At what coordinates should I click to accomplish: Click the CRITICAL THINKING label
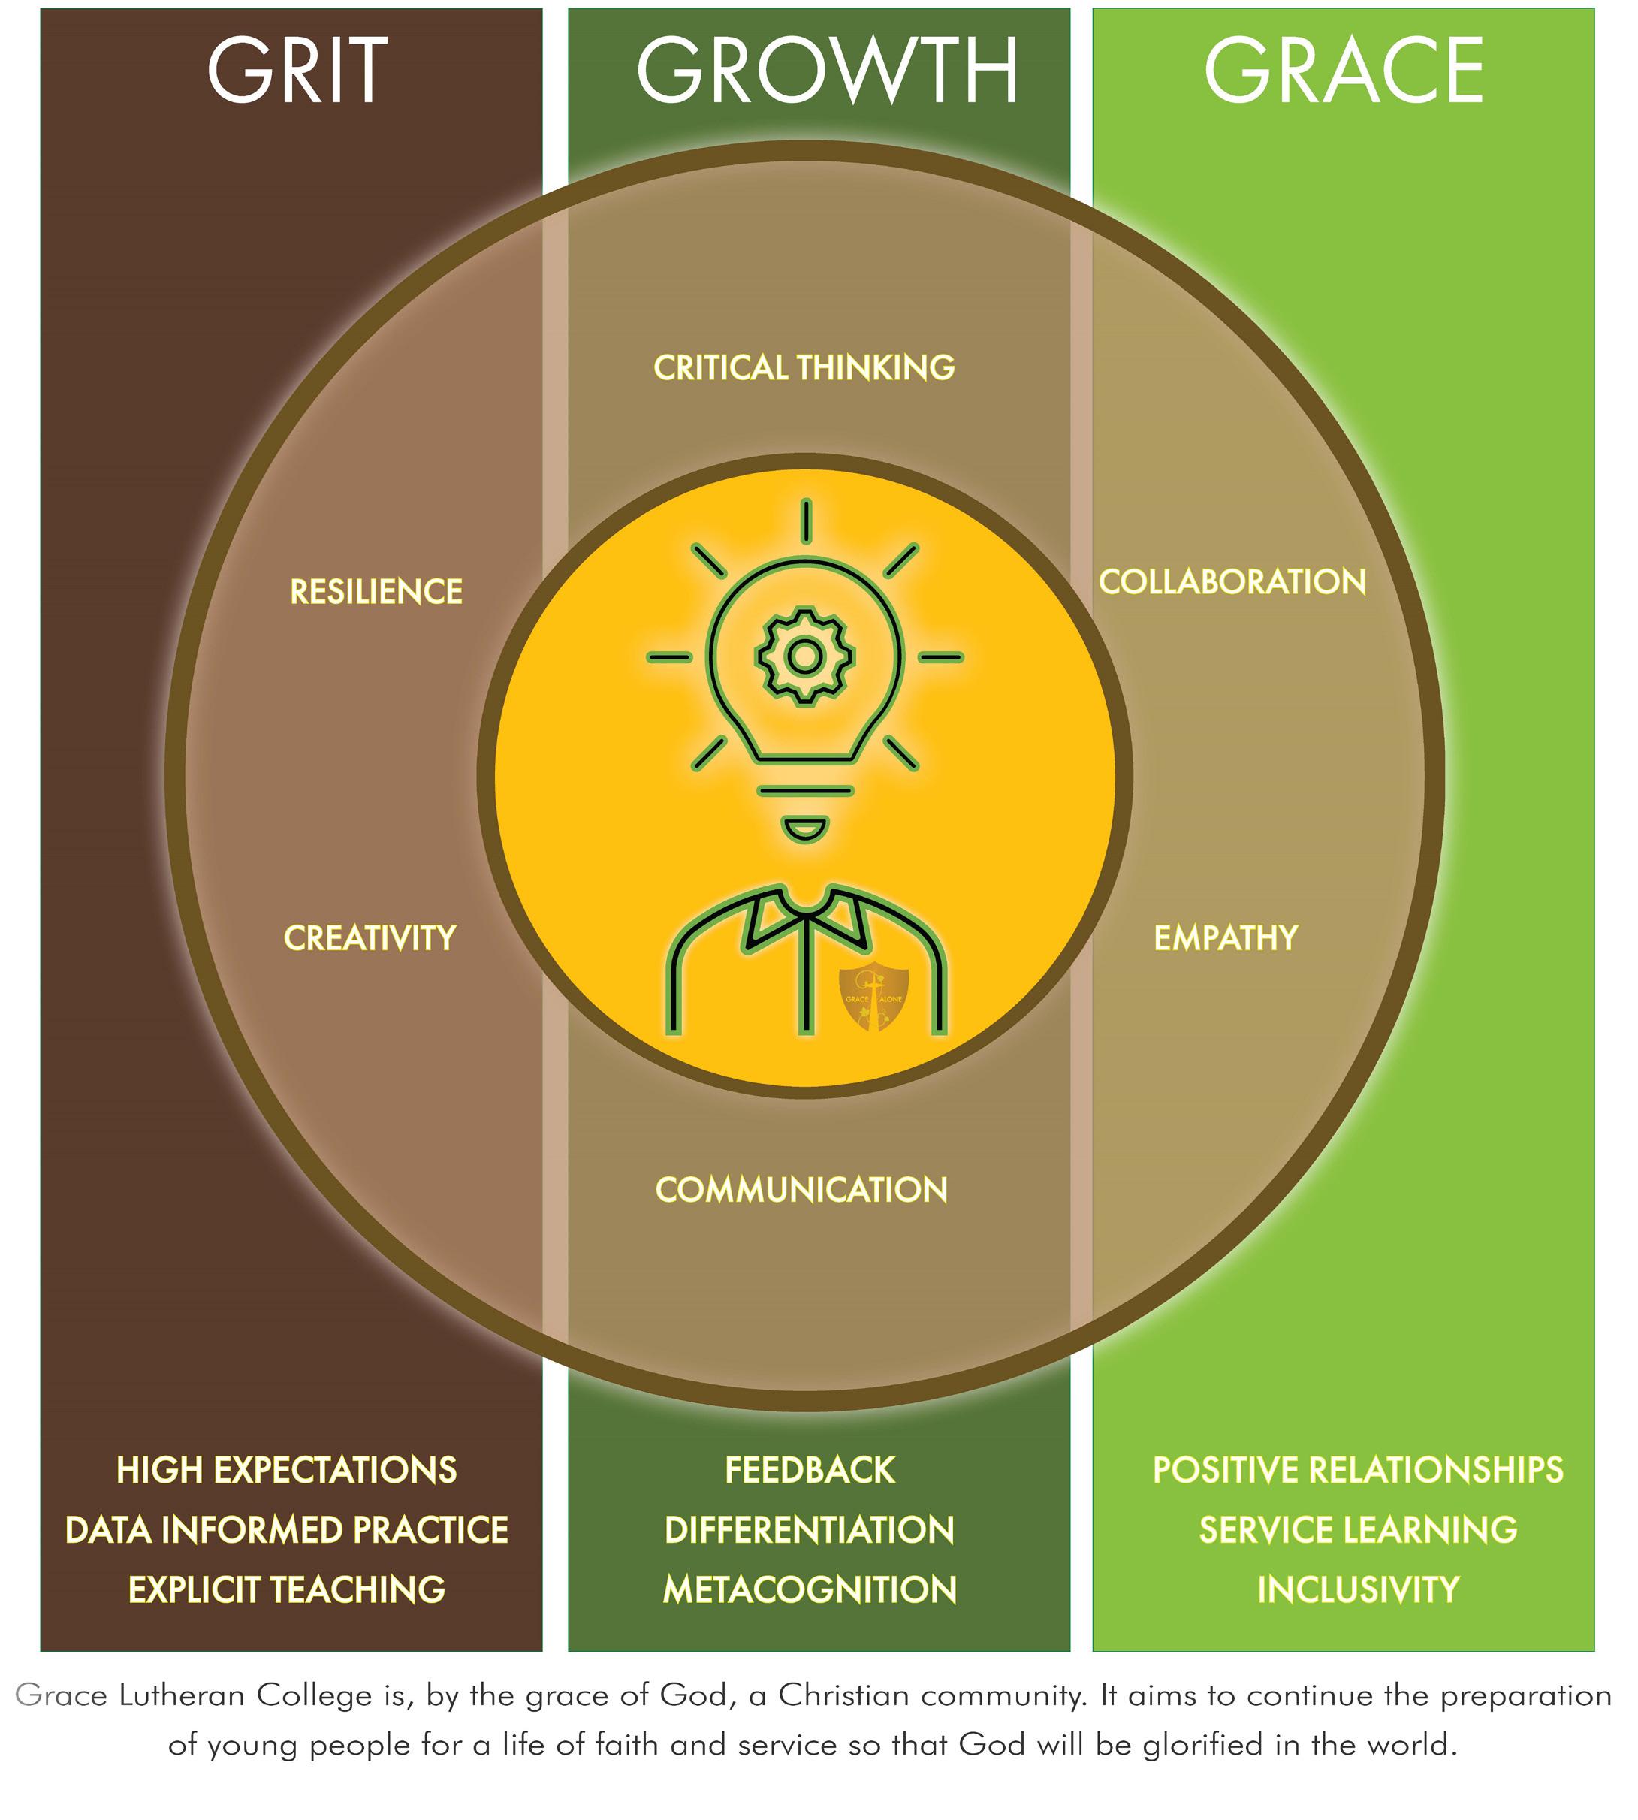tap(804, 367)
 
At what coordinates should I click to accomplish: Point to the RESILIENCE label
tap(376, 591)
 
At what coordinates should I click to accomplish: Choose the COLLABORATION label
tap(1232, 581)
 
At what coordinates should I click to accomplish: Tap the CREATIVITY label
tap(370, 938)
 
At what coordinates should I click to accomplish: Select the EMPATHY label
tap(1226, 938)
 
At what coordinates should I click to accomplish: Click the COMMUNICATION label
tap(801, 1189)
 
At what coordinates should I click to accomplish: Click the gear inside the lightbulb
tap(804, 657)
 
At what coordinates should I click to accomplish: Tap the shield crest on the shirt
tap(873, 998)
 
